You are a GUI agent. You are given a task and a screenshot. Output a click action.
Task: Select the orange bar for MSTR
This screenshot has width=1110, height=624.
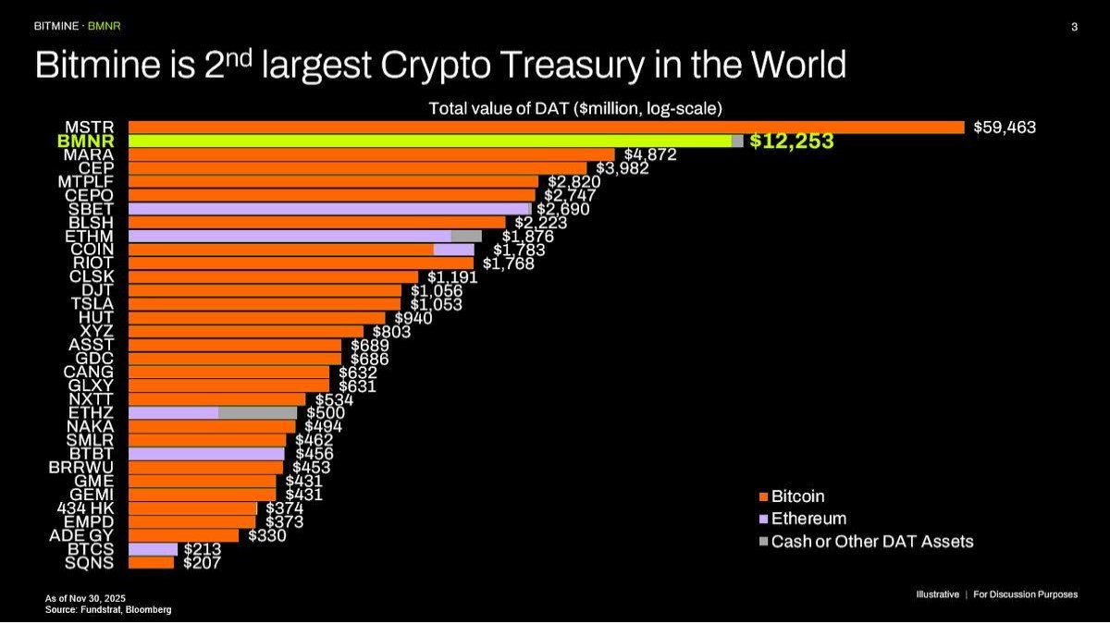[546, 128]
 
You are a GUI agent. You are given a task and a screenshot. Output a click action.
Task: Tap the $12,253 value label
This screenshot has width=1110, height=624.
[791, 141]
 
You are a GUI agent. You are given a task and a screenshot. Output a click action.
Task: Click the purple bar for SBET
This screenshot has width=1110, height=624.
[328, 209]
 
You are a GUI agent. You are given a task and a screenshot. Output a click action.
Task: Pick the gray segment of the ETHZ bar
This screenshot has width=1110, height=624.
[257, 412]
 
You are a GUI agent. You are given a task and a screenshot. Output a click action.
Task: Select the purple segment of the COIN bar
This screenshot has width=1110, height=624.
[453, 250]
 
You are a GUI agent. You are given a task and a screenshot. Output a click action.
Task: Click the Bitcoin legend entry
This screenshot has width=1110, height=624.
[797, 497]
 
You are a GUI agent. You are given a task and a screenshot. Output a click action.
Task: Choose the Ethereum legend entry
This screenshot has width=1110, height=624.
[808, 519]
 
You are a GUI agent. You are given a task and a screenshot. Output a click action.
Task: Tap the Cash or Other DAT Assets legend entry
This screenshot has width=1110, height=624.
[871, 541]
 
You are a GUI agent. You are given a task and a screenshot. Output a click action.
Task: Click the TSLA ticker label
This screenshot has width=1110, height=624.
[92, 303]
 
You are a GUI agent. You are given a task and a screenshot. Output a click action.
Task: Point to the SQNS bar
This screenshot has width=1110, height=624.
[151, 562]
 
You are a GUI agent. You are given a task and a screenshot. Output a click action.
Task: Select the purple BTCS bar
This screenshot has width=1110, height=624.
[153, 549]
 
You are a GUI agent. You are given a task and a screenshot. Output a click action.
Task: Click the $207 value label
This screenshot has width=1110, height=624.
[202, 562]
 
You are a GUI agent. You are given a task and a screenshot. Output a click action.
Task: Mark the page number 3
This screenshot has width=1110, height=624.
[1074, 27]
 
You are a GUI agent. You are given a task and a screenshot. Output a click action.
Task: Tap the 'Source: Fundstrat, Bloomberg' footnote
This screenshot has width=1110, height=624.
[108, 609]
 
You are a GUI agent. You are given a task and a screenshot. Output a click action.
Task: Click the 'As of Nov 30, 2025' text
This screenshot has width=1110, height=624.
[91, 598]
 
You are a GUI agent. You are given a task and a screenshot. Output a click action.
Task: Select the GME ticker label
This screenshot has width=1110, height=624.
[96, 480]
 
